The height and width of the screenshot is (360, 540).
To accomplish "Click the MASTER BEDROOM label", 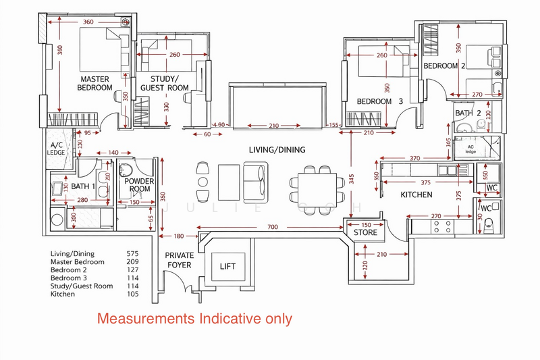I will pos(94,83).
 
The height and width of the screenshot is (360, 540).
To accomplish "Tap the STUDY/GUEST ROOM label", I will pos(164,83).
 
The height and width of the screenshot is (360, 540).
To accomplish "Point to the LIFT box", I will pos(228,266).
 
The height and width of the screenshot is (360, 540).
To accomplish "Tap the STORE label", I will pos(364,234).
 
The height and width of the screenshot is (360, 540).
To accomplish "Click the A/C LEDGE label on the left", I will pos(57,149).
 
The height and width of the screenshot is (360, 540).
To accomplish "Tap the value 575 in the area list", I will pos(134,253).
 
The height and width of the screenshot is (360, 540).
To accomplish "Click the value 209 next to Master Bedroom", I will pos(134,261).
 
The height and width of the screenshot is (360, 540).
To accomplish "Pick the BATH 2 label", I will pos(468,113).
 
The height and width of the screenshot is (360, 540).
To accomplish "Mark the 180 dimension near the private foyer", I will pos(178,236).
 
